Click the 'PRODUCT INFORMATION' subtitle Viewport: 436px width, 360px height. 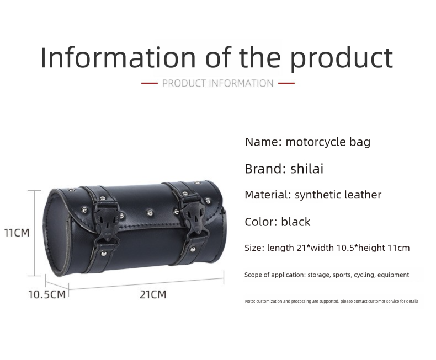tap(217, 83)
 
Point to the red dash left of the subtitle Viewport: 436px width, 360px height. tap(150, 83)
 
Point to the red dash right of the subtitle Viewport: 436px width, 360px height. tap(286, 83)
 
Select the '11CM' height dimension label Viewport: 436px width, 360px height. tap(17, 233)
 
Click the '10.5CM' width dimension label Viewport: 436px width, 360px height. tap(47, 294)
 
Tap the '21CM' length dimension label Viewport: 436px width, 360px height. tap(152, 294)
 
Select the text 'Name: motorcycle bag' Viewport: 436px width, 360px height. tap(307, 142)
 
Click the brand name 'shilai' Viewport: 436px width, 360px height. tap(306, 169)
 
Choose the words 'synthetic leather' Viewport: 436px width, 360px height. tap(338, 195)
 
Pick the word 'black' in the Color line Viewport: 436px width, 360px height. tap(295, 222)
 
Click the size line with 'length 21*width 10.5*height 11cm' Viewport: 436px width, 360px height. tap(327, 248)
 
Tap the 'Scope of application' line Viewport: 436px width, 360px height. tap(326, 275)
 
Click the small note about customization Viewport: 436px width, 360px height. tap(331, 302)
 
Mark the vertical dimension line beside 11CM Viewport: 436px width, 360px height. tap(35, 233)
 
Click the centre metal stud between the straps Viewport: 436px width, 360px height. tap(149, 211)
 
